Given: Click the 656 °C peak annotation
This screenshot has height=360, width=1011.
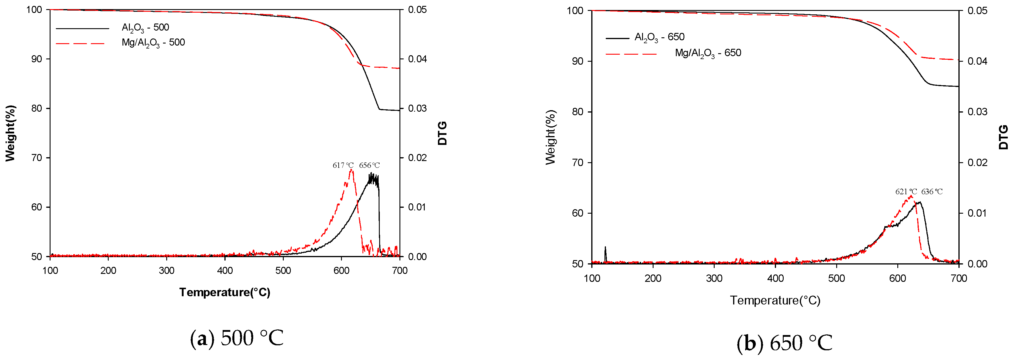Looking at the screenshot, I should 369,165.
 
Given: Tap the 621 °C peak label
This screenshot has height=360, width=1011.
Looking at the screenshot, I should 906,192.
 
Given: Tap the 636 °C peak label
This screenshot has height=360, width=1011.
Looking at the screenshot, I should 932,192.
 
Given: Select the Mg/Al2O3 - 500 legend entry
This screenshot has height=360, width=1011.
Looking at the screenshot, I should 153,42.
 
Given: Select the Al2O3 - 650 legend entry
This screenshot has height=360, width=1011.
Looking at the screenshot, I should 659,37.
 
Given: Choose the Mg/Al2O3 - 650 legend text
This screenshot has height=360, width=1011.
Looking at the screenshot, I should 708,53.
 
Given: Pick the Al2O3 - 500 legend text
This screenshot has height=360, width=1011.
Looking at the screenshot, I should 145,28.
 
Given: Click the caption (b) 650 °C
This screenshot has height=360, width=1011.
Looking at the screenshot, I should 784,343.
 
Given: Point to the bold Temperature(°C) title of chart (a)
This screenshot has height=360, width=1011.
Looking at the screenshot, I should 224,292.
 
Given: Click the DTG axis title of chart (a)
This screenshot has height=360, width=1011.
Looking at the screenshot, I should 442,133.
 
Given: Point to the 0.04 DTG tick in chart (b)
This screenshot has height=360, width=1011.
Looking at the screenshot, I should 977,61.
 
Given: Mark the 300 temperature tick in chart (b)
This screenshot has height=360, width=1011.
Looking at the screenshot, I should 714,278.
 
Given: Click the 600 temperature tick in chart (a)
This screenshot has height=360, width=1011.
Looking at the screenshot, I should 341,270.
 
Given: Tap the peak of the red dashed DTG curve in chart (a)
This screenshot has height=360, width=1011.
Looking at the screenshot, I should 351,170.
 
